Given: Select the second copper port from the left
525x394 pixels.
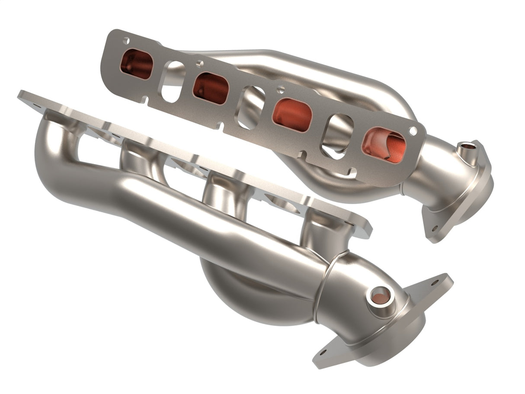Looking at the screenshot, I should click(x=211, y=88).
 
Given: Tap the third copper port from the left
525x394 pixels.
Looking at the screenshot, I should click(x=292, y=115).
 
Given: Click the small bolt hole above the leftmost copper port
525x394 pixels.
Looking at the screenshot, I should click(x=126, y=41).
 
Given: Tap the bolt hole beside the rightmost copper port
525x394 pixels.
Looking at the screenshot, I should click(x=413, y=130).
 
